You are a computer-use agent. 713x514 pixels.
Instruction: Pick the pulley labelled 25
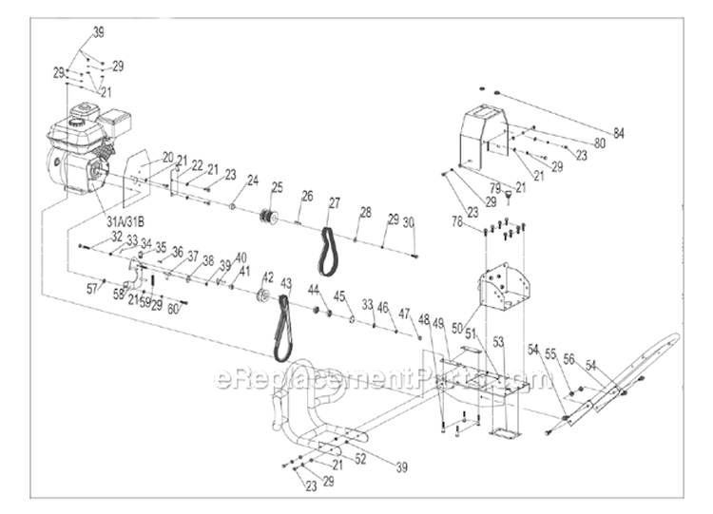[x=269, y=216]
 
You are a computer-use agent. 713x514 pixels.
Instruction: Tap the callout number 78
[x=457, y=221]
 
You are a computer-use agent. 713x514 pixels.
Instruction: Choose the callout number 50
[x=457, y=329]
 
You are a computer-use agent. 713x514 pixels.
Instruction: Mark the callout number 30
[x=409, y=222]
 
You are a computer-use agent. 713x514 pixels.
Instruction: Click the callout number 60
[x=172, y=308]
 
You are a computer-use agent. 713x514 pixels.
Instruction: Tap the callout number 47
[x=404, y=313]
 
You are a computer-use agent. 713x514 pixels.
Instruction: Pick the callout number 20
[x=167, y=157]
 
